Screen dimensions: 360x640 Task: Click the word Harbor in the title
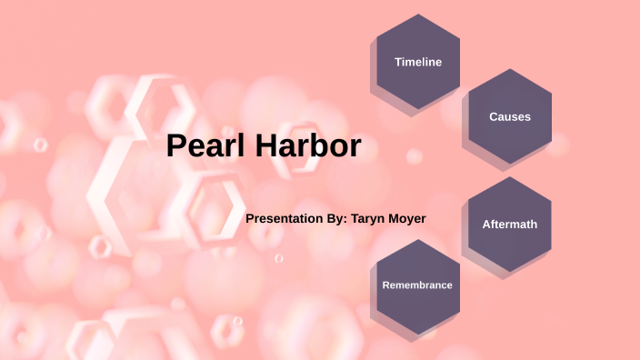308,146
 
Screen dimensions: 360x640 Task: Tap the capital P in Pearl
176,146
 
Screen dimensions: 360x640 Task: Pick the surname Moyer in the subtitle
407,219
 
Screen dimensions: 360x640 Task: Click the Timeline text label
418,62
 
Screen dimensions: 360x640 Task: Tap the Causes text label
510,116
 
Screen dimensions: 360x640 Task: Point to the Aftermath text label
510,225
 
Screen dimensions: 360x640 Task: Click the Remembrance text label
417,285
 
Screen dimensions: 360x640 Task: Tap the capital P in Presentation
250,219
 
